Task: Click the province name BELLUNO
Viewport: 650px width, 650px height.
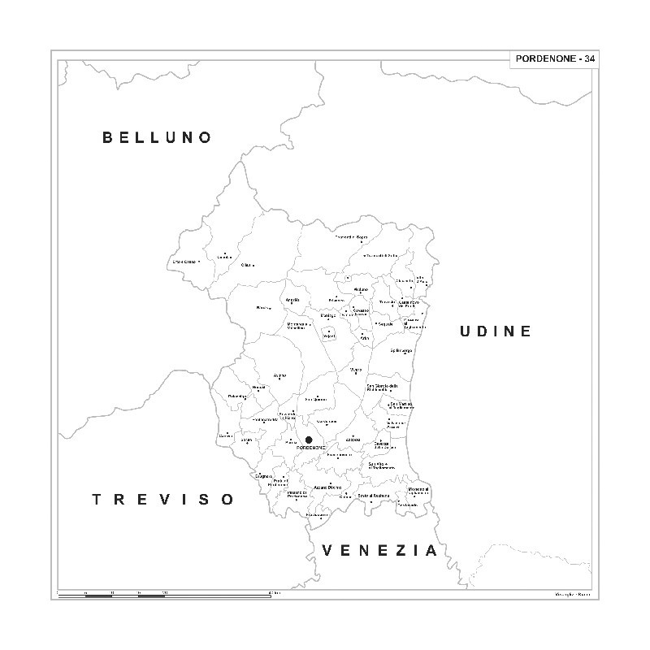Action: [157, 137]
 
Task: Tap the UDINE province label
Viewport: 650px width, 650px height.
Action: [495, 331]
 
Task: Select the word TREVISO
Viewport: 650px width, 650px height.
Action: [162, 499]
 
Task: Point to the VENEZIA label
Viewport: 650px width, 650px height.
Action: [379, 550]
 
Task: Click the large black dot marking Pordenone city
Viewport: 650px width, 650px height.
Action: [309, 440]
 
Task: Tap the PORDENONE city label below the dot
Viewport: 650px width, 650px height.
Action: [311, 448]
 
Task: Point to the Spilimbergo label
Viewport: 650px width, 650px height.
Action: [402, 350]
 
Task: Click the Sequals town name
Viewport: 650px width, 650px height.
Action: [385, 323]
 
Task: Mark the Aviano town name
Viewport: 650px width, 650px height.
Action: [279, 375]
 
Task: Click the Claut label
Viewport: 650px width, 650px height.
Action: [248, 265]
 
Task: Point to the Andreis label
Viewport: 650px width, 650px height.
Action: [292, 301]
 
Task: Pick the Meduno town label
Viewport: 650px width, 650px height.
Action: [361, 289]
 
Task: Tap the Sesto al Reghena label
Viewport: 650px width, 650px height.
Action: [374, 496]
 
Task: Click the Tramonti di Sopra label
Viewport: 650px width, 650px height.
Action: [352, 237]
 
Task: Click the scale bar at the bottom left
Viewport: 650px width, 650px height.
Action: [162, 595]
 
